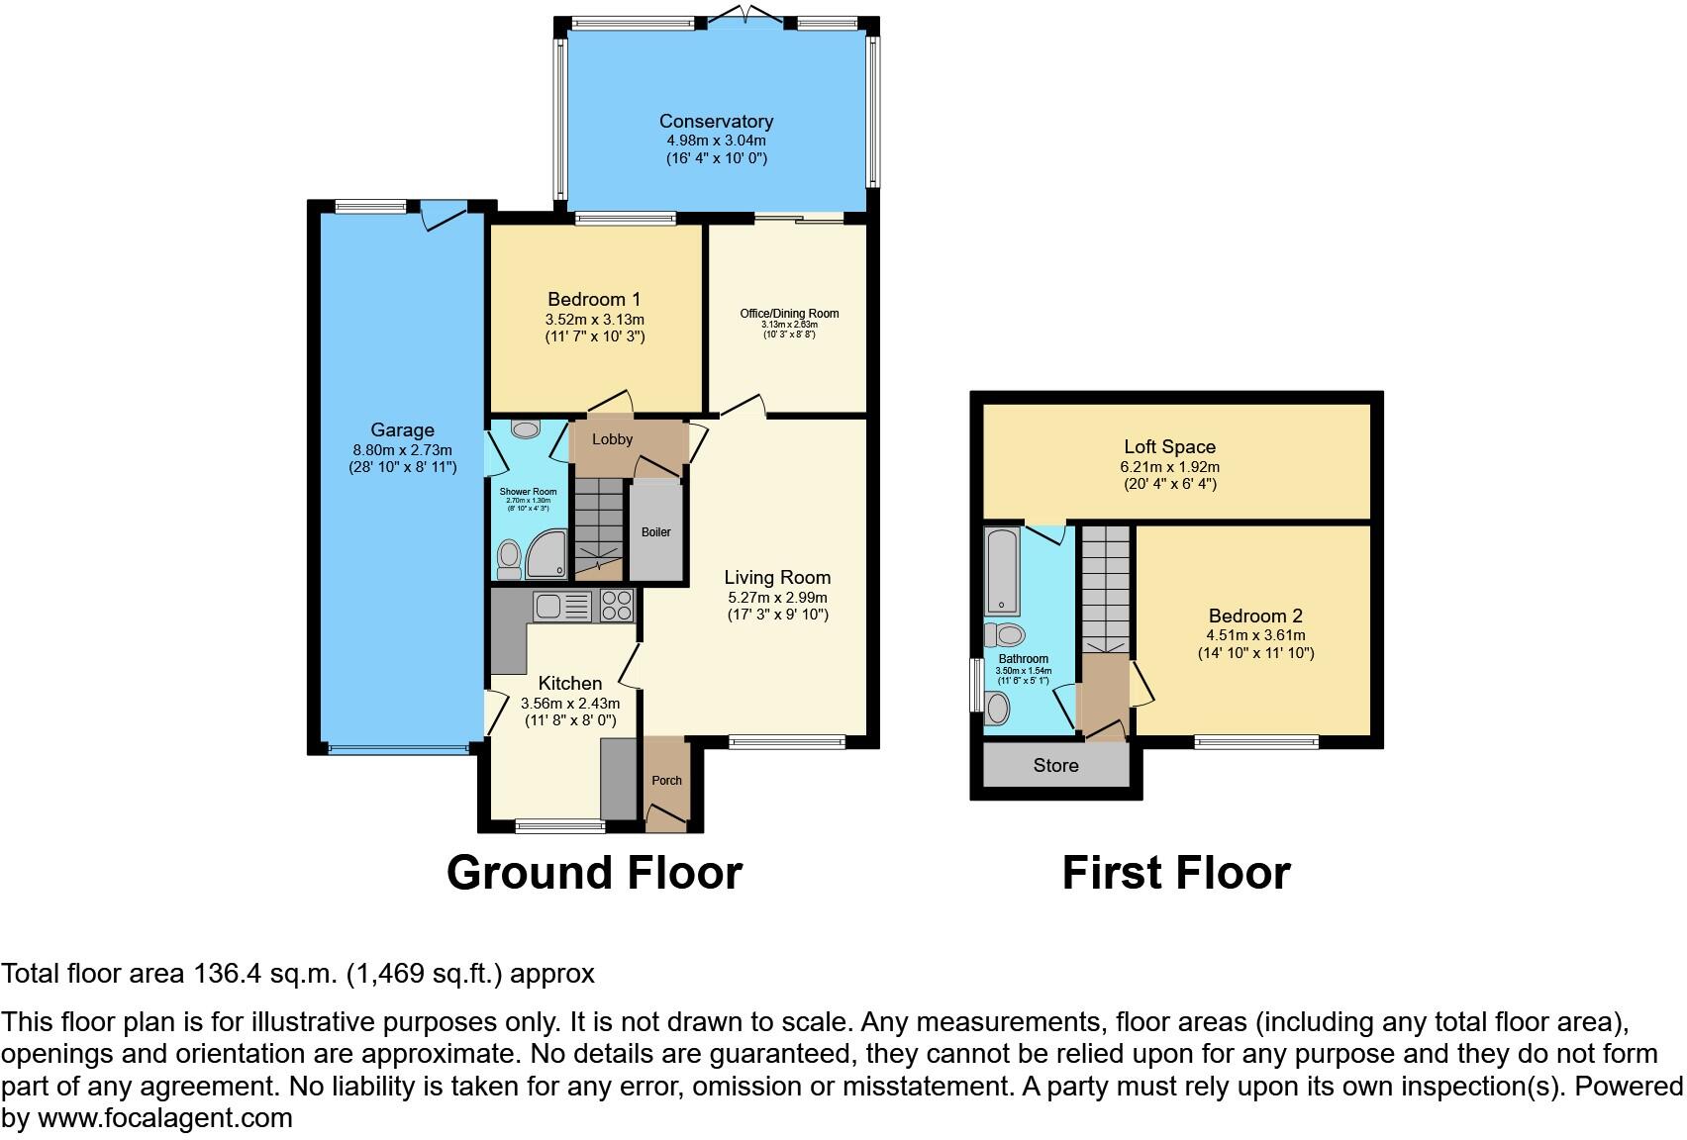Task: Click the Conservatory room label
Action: (x=716, y=121)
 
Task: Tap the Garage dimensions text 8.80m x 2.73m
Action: (x=402, y=449)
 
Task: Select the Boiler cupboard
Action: (x=656, y=531)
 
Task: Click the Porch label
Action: (x=666, y=780)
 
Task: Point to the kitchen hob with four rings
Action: (x=616, y=606)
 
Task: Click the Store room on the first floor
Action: (x=1055, y=765)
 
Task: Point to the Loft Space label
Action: (x=1169, y=446)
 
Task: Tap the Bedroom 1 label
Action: (x=594, y=299)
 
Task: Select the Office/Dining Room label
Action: (x=789, y=314)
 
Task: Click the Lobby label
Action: (x=612, y=438)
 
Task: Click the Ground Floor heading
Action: (x=594, y=873)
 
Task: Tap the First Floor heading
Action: (x=1175, y=873)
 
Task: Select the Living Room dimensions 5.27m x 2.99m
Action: (x=777, y=597)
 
